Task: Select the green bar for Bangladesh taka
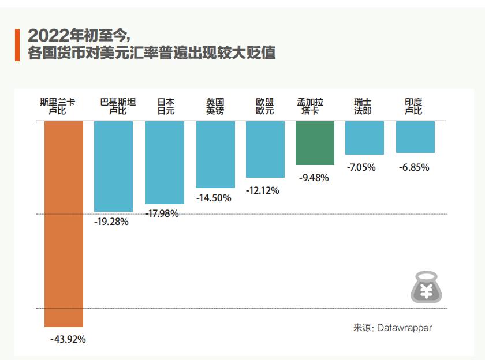(x=315, y=142)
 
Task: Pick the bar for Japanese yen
(x=165, y=162)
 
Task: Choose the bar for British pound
(x=215, y=154)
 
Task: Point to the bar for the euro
(x=265, y=149)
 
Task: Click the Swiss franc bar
(x=364, y=137)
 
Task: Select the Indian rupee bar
(x=415, y=137)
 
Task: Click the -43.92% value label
(x=68, y=339)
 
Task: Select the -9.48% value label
(x=314, y=178)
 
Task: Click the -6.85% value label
(x=414, y=167)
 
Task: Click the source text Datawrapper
(x=404, y=328)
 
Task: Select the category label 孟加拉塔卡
(x=310, y=106)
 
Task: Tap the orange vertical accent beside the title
(x=18, y=44)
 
